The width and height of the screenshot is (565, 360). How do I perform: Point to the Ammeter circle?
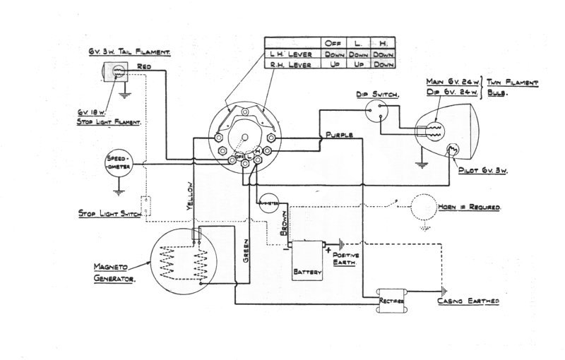[x=269, y=203]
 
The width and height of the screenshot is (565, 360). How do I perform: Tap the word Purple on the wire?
[x=340, y=133]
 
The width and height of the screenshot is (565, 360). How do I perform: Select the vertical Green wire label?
[x=246, y=251]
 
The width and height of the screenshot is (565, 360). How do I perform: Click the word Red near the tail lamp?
[x=145, y=66]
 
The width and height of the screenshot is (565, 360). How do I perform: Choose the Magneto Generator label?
[x=114, y=272]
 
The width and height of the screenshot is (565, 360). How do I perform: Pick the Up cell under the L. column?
[x=359, y=64]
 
